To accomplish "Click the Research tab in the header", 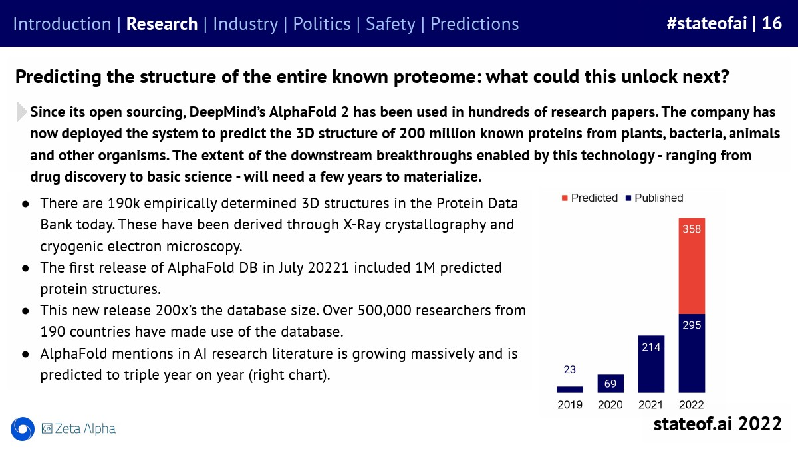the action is pyautogui.click(x=162, y=24).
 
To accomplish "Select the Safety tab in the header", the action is pyautogui.click(x=390, y=24).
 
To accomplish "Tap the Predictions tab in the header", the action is pyautogui.click(x=475, y=24).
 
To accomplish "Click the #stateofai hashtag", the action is pyautogui.click(x=707, y=23).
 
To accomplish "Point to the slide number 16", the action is pyautogui.click(x=772, y=23).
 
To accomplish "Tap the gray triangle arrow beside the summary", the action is pyautogui.click(x=21, y=112).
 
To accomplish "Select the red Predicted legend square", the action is pyautogui.click(x=565, y=198).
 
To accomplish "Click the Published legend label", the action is pyautogui.click(x=659, y=198).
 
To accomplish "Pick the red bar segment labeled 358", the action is pyautogui.click(x=692, y=266).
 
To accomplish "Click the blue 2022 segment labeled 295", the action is pyautogui.click(x=692, y=353).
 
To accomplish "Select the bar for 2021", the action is pyautogui.click(x=651, y=364).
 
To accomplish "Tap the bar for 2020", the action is pyautogui.click(x=610, y=383).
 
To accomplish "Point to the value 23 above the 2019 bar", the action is pyautogui.click(x=570, y=370).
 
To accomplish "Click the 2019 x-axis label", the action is pyautogui.click(x=570, y=405).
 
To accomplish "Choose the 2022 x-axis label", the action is pyautogui.click(x=691, y=405).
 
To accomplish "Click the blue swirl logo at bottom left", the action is pyautogui.click(x=23, y=428).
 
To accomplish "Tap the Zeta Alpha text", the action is pyautogui.click(x=85, y=428).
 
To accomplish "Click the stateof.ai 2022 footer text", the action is pyautogui.click(x=718, y=424).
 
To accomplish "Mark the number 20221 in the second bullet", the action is pyautogui.click(x=329, y=268).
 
